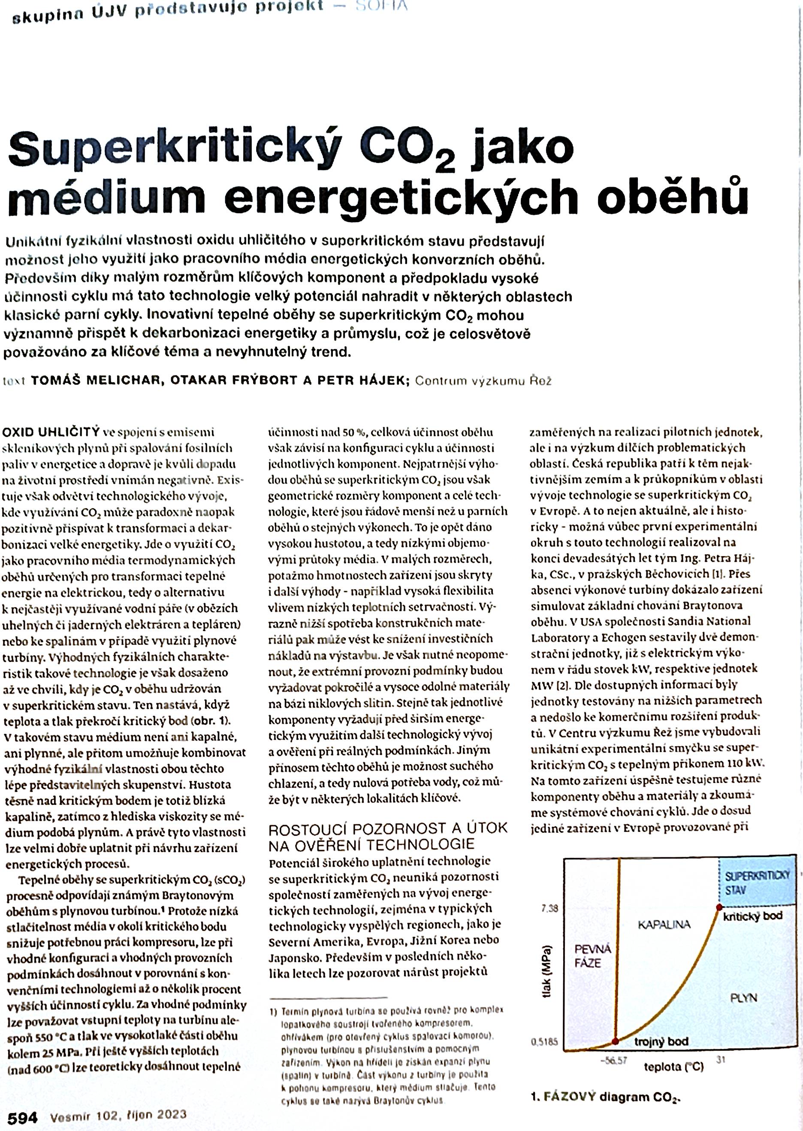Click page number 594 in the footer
[22, 1117]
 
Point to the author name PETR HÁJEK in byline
[363, 380]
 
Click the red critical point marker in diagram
[719, 907]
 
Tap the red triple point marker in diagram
[615, 1041]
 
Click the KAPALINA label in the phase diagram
[664, 924]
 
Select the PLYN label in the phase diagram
[744, 998]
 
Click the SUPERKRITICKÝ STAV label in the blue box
[757, 883]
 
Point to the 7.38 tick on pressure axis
[549, 908]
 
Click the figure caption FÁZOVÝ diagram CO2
[605, 1097]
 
